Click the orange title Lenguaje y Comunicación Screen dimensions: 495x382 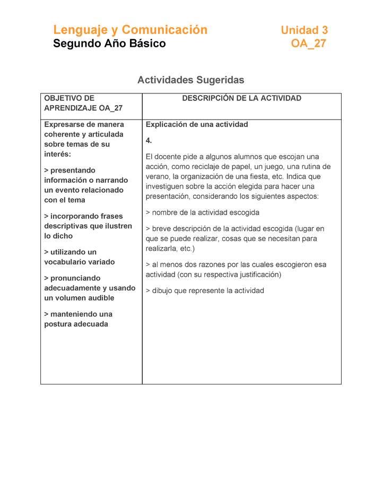point(130,30)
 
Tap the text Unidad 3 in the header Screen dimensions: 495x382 point(304,30)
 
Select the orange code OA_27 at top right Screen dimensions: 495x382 point(308,44)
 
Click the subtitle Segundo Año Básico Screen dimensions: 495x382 point(109,44)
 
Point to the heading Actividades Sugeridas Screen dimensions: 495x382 point(190,80)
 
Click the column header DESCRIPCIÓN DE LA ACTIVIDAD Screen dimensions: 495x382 point(241,98)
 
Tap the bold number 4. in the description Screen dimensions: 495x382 point(149,141)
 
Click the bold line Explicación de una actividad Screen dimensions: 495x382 point(197,125)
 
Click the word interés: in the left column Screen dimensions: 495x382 point(57,154)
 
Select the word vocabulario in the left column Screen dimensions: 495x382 point(65,262)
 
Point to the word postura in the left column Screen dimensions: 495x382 point(58,324)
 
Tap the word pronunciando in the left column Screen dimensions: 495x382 point(75,278)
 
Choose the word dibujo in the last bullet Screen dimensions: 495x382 point(163,291)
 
